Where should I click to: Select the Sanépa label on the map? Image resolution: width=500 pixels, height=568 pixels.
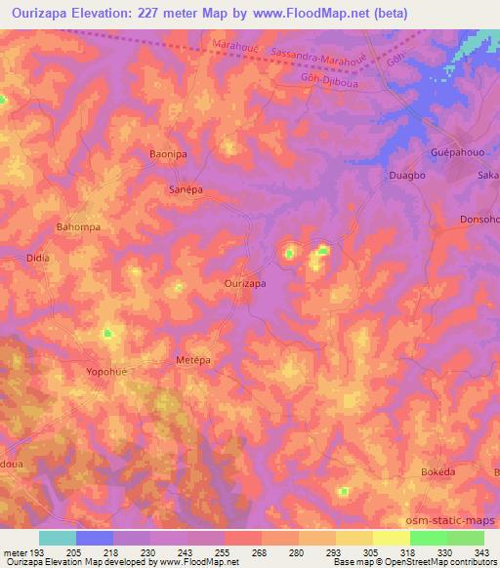186,190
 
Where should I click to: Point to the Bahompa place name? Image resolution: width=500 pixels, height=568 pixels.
78,226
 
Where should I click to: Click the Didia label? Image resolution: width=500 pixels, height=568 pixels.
37,259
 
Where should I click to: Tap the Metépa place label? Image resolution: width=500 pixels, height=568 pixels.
193,360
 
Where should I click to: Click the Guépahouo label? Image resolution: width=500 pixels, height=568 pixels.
456,155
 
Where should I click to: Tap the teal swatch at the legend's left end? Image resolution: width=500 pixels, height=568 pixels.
58,538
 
